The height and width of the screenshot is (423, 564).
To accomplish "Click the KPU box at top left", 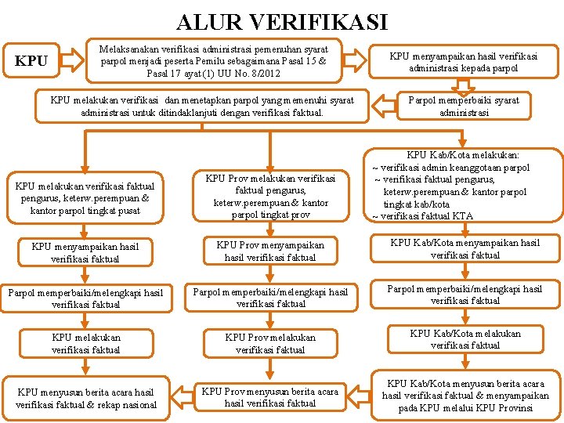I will (32, 61).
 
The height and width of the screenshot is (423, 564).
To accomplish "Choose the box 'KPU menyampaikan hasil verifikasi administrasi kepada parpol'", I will (464, 62).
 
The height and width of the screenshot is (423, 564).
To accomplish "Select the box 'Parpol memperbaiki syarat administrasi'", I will (465, 106).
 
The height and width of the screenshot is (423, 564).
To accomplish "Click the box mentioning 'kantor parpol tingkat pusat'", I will (82, 197).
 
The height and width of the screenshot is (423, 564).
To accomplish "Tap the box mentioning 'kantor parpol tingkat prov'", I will (270, 197).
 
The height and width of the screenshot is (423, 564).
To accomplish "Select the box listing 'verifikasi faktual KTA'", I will (465, 186).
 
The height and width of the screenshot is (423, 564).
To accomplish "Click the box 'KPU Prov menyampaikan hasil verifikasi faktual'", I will (270, 251).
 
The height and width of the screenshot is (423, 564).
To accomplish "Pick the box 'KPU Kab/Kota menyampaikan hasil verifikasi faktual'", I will (465, 249).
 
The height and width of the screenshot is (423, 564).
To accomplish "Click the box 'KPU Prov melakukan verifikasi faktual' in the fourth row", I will (270, 343).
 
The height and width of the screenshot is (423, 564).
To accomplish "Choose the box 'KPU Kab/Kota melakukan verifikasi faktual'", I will (465, 339).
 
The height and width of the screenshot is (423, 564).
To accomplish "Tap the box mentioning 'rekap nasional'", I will (86, 398).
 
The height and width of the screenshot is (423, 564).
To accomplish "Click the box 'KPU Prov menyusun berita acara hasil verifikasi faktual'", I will (270, 396).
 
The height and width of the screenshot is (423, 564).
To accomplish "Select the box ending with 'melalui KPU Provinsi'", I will (465, 396).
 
